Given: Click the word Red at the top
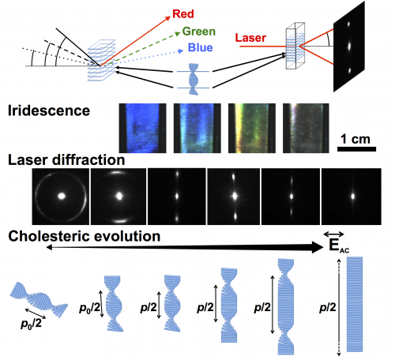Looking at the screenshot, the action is coord(183,14).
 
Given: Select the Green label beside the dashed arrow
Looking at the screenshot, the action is coord(199,32).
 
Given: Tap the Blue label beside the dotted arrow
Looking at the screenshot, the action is coord(201,47).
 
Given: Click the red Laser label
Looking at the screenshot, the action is coord(250,38).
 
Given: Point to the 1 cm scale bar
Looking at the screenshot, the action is coord(357,149).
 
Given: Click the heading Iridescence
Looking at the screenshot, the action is coord(49,111).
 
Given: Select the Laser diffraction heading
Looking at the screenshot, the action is coord(66,160).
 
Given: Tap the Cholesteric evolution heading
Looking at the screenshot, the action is coord(85,236).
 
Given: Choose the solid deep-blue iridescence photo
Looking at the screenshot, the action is coord(143,128).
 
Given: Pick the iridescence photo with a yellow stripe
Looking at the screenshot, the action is coord(252,128).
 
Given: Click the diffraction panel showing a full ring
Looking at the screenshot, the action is coord(61,197).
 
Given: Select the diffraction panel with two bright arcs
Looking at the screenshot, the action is coord(118,197).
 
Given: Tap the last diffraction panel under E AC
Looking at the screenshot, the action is coord(352,197).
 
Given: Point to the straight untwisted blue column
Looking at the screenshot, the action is coord(355,304).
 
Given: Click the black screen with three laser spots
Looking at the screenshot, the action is coord(349,47).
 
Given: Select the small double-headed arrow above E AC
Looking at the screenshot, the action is coord(333,234).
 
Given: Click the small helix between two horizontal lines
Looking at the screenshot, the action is coord(194,79).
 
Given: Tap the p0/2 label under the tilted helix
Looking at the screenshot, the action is coord(31,324).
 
